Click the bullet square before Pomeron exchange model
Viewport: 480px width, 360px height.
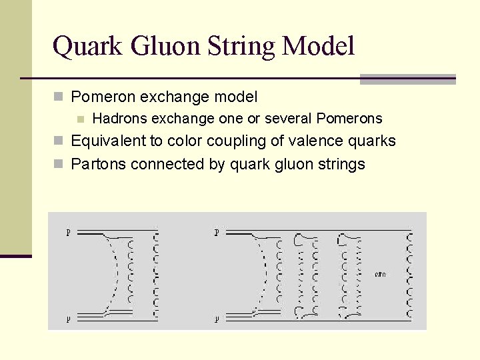[x=59, y=97]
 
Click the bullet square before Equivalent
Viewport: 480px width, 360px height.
[x=59, y=141]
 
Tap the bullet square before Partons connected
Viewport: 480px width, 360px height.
[x=59, y=164]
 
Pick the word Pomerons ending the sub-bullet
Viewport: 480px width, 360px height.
[x=349, y=119]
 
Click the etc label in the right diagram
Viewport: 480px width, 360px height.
[x=381, y=274]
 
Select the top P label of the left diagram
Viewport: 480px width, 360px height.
[x=68, y=233]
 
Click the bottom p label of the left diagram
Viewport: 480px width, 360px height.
[x=68, y=319]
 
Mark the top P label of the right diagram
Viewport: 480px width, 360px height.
[x=217, y=233]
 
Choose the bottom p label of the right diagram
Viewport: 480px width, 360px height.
[x=217, y=319]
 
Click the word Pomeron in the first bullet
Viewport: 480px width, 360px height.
[x=99, y=97]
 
